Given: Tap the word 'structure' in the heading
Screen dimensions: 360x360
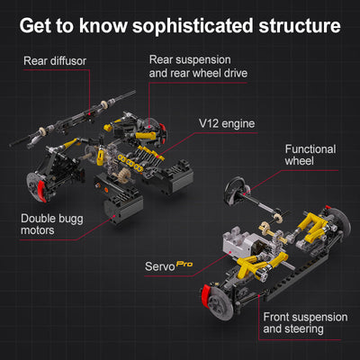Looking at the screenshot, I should tap(292, 25).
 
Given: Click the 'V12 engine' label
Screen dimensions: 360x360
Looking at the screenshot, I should tap(229, 123).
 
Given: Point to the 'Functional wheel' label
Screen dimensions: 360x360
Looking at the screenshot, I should tap(310, 155).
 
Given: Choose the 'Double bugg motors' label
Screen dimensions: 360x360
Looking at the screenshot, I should tap(51, 224).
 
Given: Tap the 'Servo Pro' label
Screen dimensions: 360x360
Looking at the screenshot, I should tap(169, 267).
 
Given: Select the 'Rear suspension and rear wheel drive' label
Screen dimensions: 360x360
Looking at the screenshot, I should tap(197, 67).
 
